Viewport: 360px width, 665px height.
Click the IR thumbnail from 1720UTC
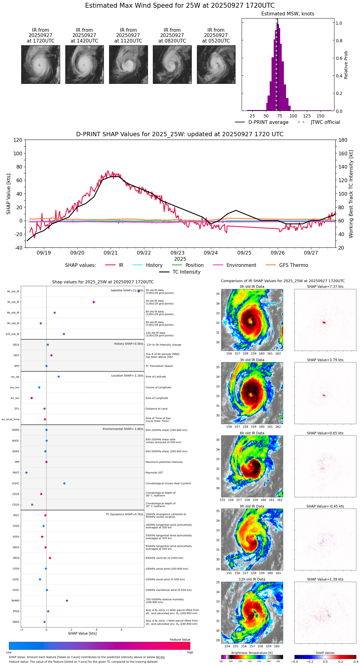point(40,64)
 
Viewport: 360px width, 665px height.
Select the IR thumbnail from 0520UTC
point(216,64)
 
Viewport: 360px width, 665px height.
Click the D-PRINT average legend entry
point(268,122)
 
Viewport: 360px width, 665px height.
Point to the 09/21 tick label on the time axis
point(110,253)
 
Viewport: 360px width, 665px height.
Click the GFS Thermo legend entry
point(293,265)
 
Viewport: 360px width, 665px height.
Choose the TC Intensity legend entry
point(186,272)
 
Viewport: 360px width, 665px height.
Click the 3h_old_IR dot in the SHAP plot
point(94,302)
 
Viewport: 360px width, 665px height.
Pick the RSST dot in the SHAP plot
point(26,473)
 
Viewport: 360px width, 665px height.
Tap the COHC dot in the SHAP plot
point(64,483)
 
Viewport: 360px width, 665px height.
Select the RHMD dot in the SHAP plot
point(67,601)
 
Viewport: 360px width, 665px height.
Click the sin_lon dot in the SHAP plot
point(31,398)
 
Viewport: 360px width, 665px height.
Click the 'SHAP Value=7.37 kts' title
point(325,287)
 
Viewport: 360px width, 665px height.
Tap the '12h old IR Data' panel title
point(252,579)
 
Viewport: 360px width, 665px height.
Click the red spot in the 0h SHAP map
point(324,322)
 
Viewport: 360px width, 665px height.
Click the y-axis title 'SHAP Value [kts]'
point(9,194)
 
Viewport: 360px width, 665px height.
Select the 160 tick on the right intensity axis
point(343,153)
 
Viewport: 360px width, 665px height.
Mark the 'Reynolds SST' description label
point(154,473)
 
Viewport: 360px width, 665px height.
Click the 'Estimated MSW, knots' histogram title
point(288,14)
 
